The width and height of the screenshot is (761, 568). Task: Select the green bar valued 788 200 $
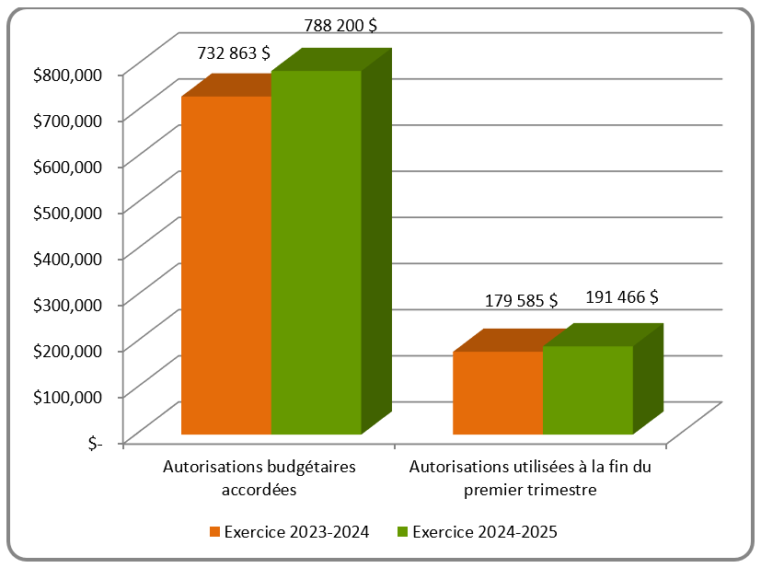coord(316,252)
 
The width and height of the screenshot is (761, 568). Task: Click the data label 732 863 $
coord(234,54)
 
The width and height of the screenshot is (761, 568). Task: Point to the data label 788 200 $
coord(340,26)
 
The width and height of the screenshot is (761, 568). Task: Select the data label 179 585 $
coord(521,300)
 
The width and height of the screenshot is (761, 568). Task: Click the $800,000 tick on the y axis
coord(66,74)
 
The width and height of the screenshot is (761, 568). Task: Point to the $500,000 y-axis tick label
coord(66,212)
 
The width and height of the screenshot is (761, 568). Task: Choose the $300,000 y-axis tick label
coord(66,304)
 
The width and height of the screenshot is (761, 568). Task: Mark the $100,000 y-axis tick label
coord(66,396)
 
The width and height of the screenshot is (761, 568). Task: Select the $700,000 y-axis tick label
coord(66,120)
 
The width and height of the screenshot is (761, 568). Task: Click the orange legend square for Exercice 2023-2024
coord(215,532)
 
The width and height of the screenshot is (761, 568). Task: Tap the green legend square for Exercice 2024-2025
coord(402,532)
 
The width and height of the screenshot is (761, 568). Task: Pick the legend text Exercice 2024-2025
coord(485,532)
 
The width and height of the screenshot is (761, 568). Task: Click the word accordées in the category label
coord(259,490)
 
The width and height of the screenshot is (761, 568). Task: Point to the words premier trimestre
coord(531,490)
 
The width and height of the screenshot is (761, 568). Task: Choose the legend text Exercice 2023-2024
coord(296,532)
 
